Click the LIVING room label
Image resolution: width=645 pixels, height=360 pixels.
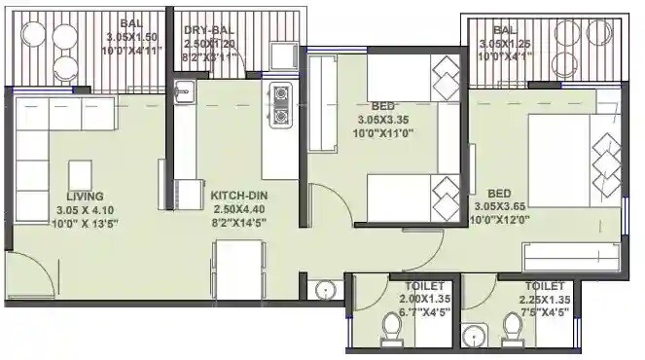pyautogui.click(x=86, y=195)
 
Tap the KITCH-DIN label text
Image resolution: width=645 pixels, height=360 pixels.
pyautogui.click(x=238, y=196)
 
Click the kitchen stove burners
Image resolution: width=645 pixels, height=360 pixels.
pyautogui.click(x=282, y=105)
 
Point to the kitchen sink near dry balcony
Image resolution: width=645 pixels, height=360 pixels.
pyautogui.click(x=186, y=92)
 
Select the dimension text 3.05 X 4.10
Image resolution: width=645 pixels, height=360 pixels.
pyautogui.click(x=86, y=208)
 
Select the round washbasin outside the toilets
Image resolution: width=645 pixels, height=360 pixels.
pyautogui.click(x=324, y=289)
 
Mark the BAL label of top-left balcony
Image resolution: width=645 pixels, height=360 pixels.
pyautogui.click(x=128, y=23)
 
